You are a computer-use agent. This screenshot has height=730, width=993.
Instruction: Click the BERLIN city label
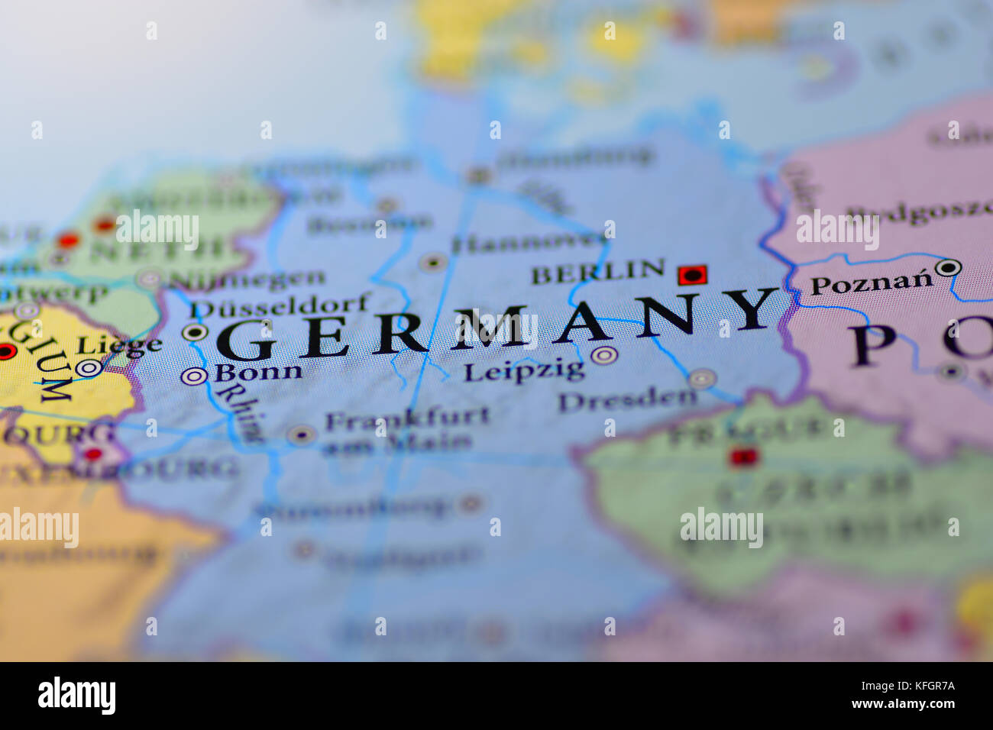[x=597, y=272]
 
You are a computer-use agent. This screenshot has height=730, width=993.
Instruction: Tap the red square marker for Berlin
[x=692, y=275]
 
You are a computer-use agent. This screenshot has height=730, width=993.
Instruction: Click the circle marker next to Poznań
[x=948, y=267]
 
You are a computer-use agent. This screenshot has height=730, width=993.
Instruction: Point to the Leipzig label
[x=523, y=372]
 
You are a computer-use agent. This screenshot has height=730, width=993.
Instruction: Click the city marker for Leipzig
[x=603, y=355]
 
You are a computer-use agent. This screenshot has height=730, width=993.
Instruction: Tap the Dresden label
[x=627, y=399]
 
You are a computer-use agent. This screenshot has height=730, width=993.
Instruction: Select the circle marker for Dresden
[x=700, y=379]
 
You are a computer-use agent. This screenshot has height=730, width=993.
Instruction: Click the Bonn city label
[x=257, y=373]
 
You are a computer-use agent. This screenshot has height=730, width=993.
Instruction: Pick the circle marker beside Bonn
[x=194, y=376]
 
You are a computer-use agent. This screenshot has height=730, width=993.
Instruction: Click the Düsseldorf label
[x=280, y=307]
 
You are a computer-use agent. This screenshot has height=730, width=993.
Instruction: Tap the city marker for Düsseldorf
[x=195, y=332]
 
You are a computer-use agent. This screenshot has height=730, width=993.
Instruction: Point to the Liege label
[x=120, y=345]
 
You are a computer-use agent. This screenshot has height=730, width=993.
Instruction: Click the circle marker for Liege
[x=89, y=368]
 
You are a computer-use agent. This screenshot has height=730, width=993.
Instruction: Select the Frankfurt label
[x=407, y=418]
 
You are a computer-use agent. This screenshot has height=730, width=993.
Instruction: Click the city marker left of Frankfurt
[x=301, y=435]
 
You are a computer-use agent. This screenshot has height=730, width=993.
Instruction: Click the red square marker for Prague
[x=742, y=457]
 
